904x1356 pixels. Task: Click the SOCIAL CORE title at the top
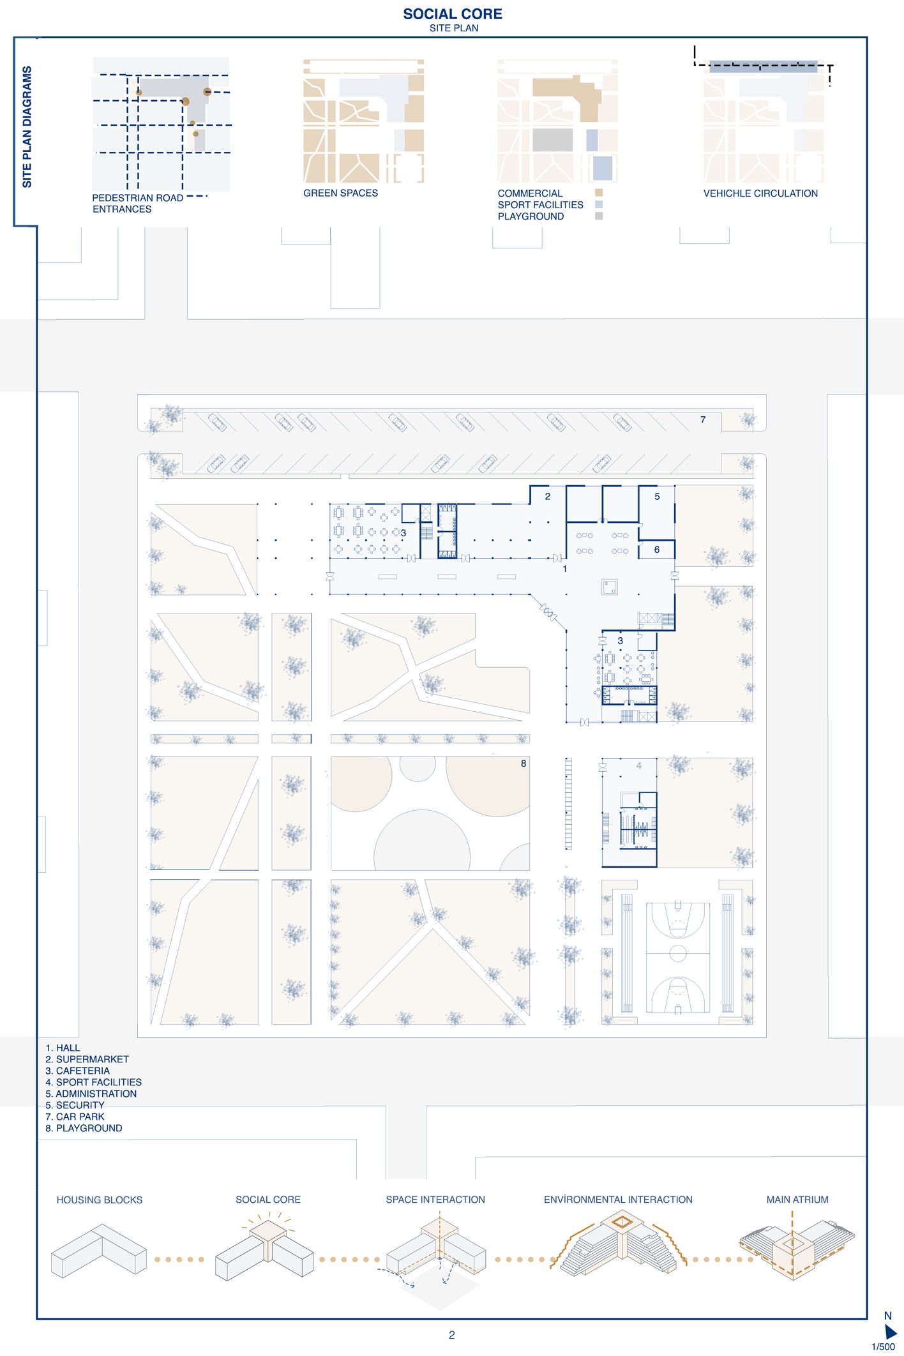452,14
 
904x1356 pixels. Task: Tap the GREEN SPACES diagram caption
340,193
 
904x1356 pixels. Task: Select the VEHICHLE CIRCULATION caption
760,193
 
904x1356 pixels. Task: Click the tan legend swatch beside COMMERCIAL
599,193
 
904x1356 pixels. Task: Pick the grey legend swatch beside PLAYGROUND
599,216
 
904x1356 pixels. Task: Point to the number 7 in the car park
702,419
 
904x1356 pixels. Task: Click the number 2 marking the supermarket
547,496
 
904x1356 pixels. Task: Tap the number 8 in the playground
523,763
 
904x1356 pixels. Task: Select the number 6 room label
656,549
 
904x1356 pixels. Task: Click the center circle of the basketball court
677,953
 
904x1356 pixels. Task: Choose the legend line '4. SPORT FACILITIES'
93,1082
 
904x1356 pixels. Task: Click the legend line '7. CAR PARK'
75,1117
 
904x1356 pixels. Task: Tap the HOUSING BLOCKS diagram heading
99,1200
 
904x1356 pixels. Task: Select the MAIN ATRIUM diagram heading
797,1200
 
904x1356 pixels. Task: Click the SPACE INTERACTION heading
435,1200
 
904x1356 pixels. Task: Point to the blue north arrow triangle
890,1332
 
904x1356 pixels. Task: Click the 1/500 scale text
883,1347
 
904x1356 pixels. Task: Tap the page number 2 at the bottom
451,1335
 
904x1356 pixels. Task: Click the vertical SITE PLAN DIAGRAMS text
27,126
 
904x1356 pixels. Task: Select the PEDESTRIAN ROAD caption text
137,198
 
